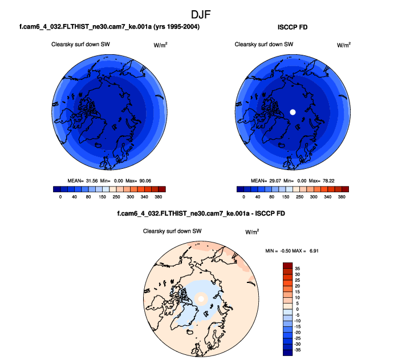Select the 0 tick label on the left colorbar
60,196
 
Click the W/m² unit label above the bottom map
252,232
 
